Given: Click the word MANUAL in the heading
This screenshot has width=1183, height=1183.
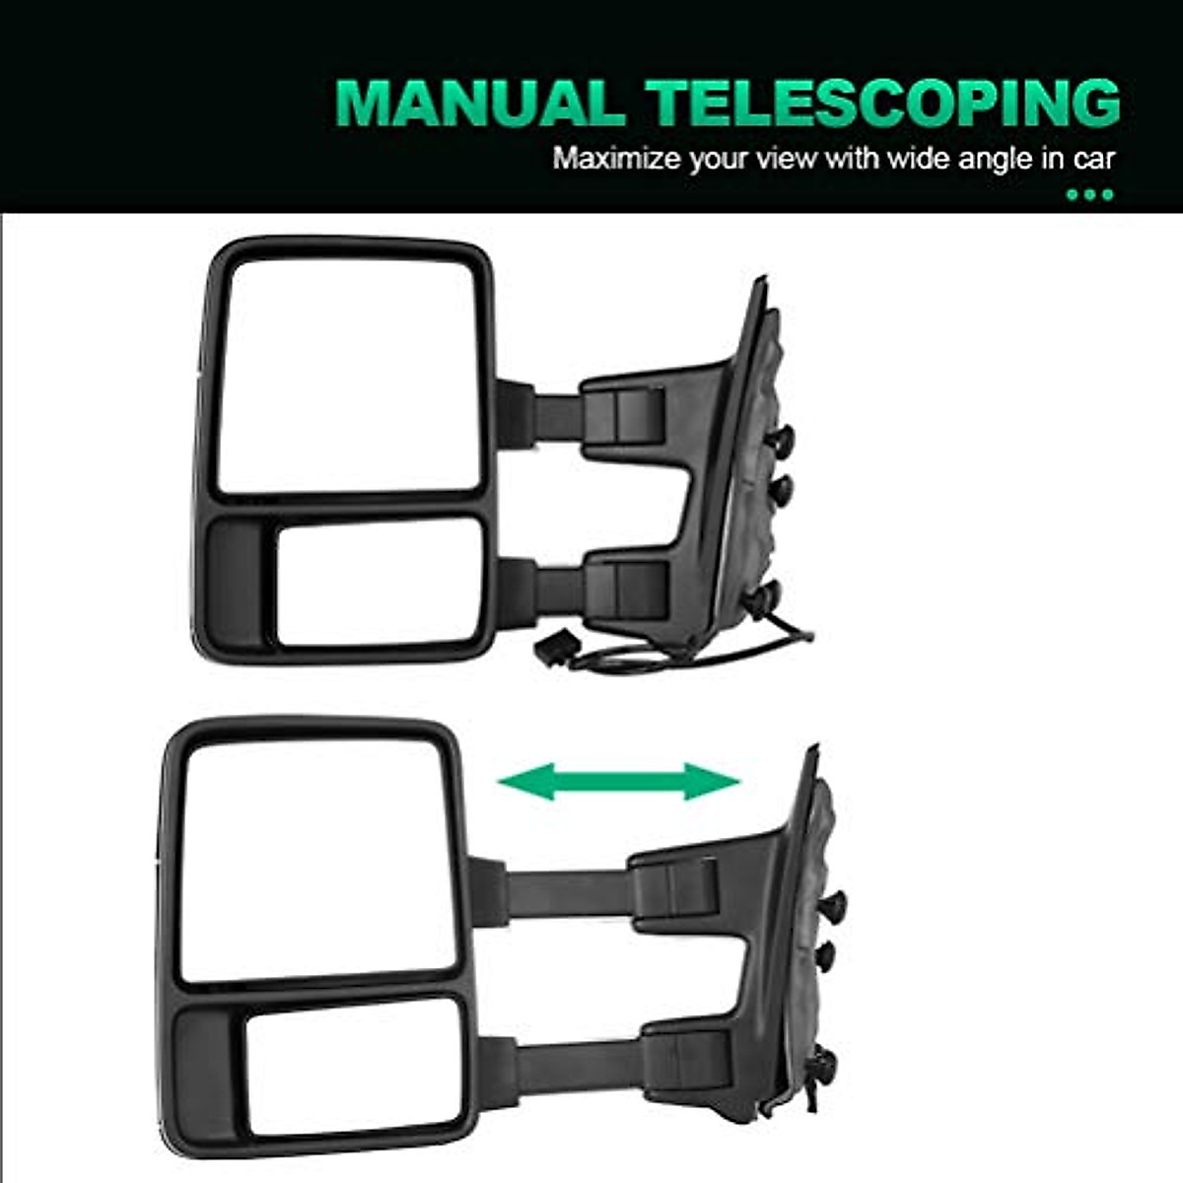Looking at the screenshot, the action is click(479, 102).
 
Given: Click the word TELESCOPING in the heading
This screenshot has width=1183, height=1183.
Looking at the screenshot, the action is click(883, 102).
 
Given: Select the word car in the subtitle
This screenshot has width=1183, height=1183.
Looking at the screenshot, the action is click(1093, 159).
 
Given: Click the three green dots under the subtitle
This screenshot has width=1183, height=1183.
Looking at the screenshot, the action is click(1090, 194).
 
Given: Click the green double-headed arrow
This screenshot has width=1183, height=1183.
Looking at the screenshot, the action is click(619, 782).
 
